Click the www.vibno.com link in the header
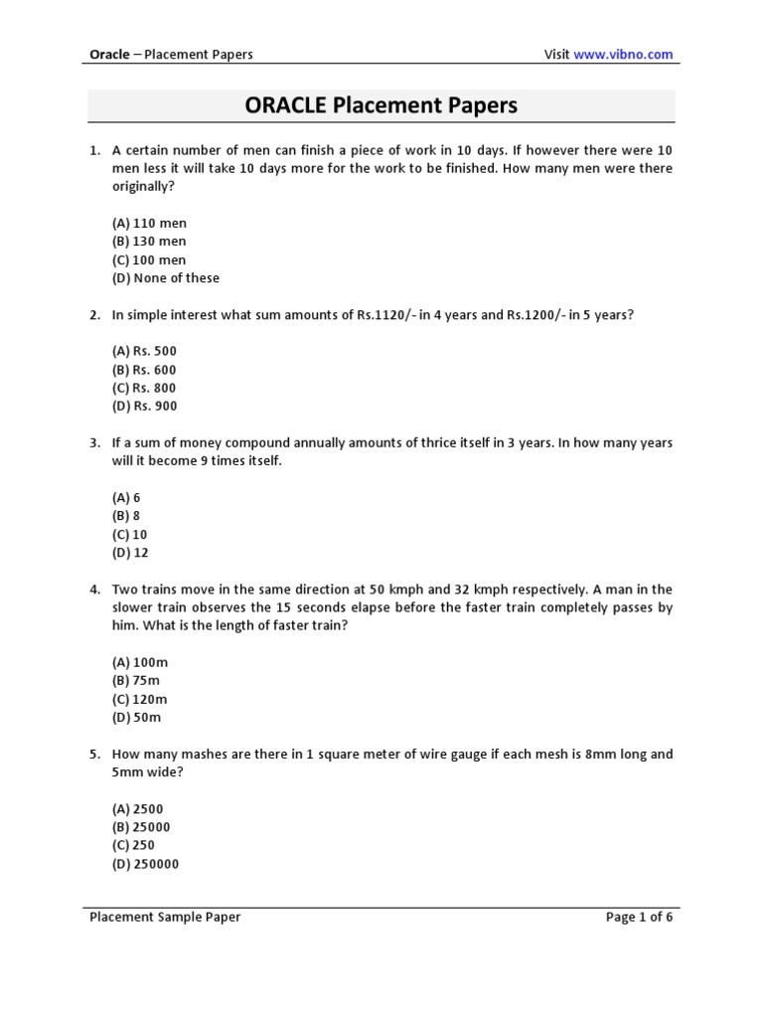point(623,54)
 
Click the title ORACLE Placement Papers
point(381,105)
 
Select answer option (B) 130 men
point(149,242)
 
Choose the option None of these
point(166,278)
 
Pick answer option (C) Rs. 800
point(144,388)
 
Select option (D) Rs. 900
point(144,407)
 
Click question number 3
point(94,443)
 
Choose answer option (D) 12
point(130,553)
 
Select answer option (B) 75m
point(136,681)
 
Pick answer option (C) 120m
point(139,699)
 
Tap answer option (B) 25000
point(141,827)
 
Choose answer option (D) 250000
point(145,864)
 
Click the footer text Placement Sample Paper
point(165,918)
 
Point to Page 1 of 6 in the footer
point(639,918)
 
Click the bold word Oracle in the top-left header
point(109,54)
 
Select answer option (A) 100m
point(137,662)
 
